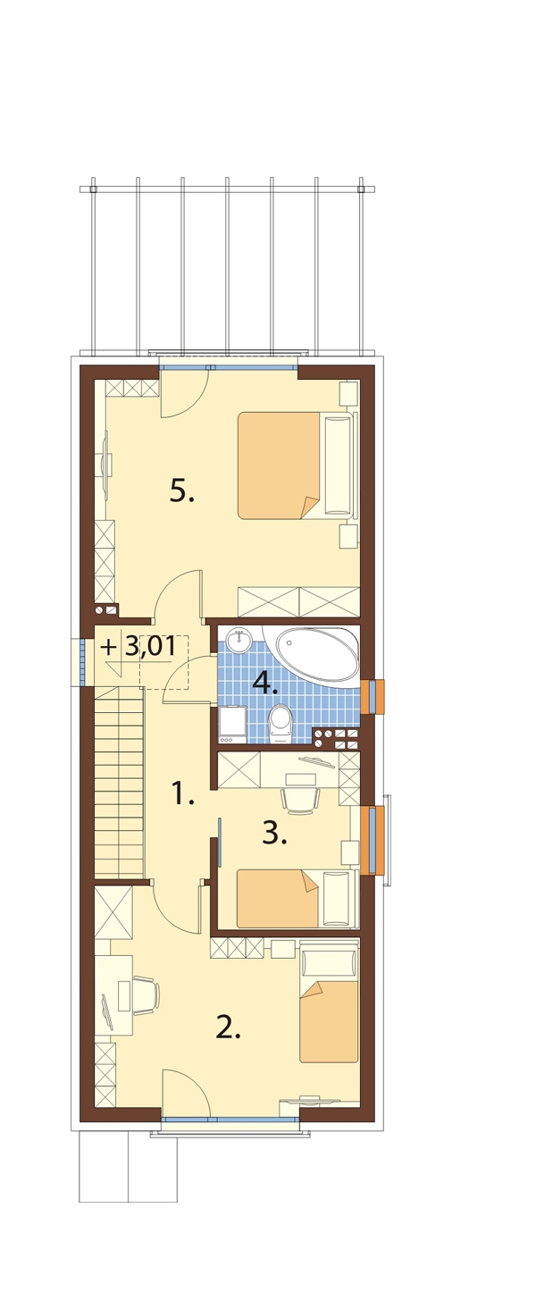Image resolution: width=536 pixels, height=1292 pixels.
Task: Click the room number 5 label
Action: (x=181, y=492)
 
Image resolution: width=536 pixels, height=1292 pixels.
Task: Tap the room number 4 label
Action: (x=265, y=684)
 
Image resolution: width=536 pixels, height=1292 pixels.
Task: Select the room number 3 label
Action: (x=274, y=834)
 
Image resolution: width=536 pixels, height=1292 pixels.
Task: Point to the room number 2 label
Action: (x=228, y=1028)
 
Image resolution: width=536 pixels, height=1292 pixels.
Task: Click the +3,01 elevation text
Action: (x=138, y=647)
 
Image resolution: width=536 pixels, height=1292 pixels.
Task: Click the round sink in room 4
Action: (x=238, y=641)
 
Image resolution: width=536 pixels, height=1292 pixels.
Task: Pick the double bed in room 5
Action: (x=297, y=466)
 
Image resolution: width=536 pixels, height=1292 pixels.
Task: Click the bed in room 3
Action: (x=297, y=899)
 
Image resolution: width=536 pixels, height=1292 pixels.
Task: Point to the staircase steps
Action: (x=119, y=782)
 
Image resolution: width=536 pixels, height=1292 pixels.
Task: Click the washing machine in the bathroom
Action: (x=232, y=724)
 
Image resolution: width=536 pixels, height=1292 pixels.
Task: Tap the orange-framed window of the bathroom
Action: (x=373, y=697)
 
